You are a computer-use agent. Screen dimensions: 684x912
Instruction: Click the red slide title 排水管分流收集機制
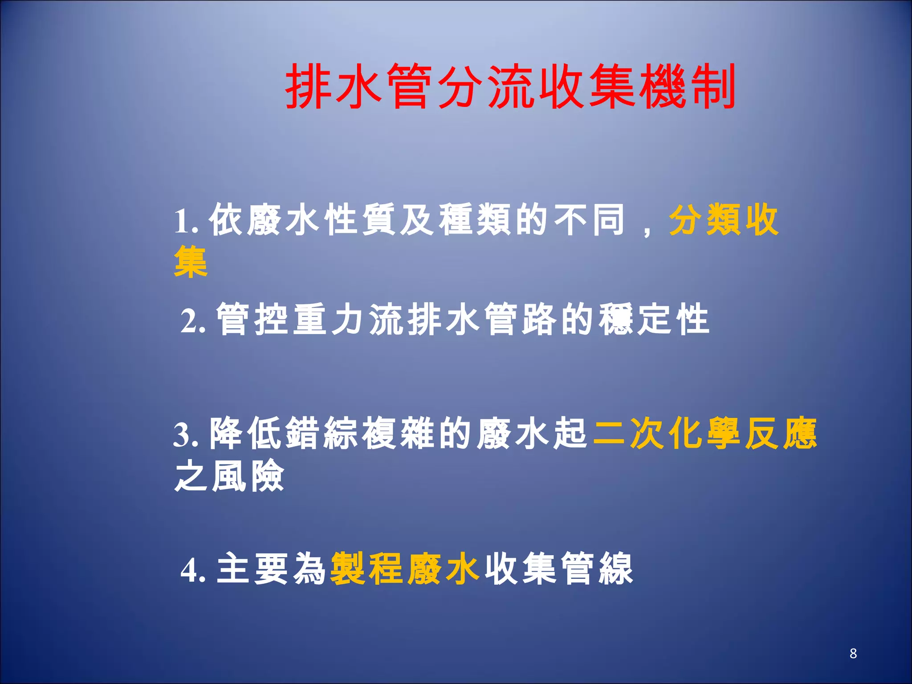(x=510, y=86)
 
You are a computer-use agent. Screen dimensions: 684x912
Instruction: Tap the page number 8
(x=853, y=653)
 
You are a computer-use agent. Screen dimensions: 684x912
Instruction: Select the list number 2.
(x=192, y=321)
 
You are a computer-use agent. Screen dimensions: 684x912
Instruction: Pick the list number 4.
(x=192, y=570)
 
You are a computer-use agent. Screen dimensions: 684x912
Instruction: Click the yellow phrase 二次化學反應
(x=705, y=433)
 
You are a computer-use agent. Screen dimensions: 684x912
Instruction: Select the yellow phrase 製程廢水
(x=405, y=569)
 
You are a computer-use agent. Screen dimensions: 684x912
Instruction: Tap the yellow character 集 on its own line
(x=191, y=262)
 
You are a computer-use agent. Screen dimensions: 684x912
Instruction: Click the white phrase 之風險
(x=230, y=476)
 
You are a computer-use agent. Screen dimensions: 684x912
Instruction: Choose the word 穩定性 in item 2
(x=653, y=319)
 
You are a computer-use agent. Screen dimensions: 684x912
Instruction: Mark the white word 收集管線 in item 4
(x=558, y=569)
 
